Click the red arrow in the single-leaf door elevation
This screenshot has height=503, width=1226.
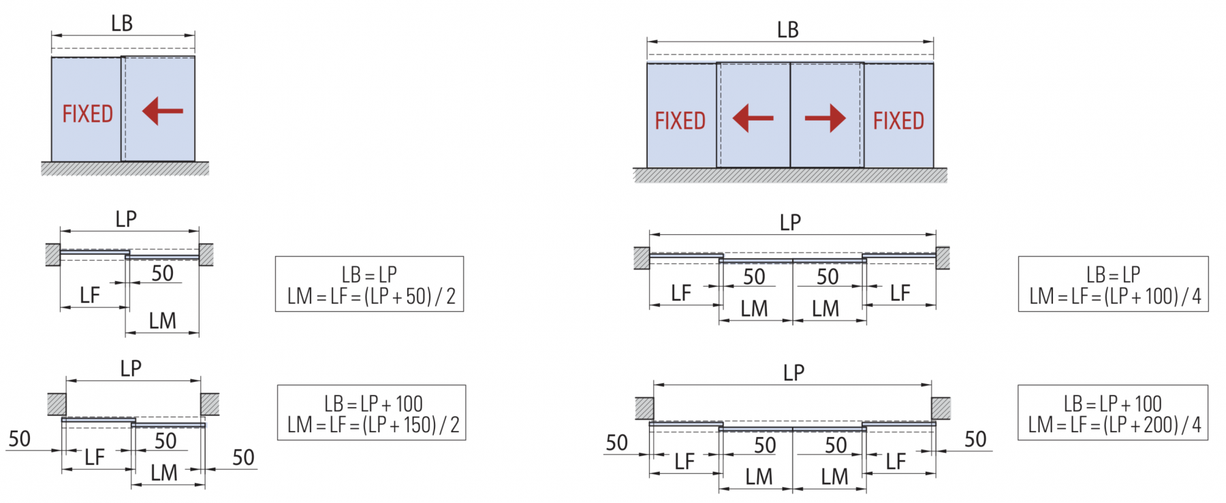tap(163, 111)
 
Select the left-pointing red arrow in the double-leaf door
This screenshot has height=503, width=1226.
tap(753, 118)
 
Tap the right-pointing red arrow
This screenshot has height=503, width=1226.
tap(826, 118)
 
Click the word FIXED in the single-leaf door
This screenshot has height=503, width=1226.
tap(88, 114)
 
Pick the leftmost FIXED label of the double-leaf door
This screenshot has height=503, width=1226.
tap(680, 121)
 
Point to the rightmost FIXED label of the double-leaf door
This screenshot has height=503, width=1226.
tap(899, 121)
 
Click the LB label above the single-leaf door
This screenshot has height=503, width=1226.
tap(122, 23)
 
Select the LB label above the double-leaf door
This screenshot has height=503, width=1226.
tap(788, 30)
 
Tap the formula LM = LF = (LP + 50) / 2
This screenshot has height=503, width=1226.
tap(371, 296)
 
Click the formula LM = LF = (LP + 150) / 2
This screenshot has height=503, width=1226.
tap(373, 425)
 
